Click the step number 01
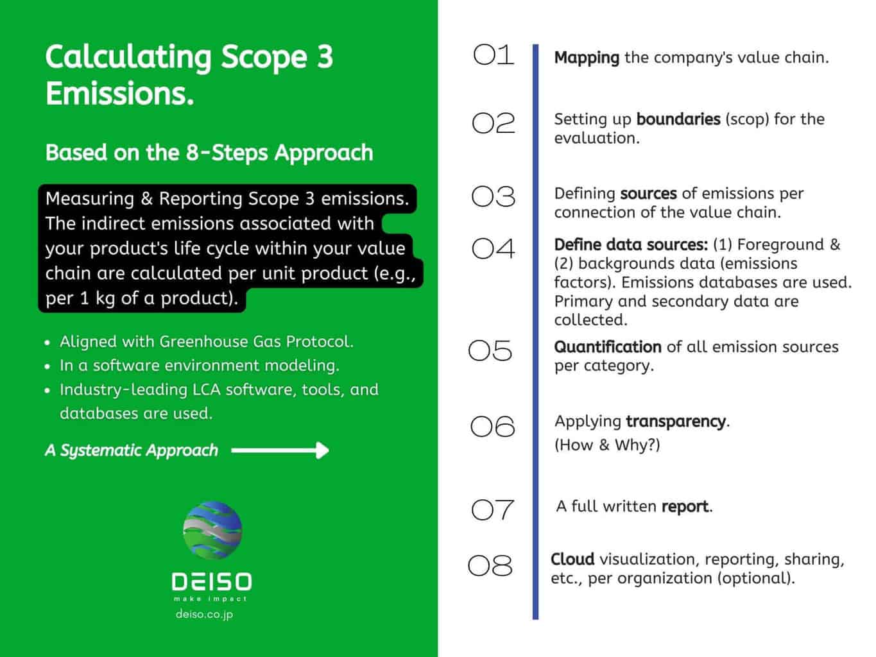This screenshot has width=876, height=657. point(494,55)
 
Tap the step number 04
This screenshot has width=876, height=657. point(494,248)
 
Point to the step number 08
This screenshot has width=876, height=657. point(490,566)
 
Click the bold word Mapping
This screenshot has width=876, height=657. point(587,58)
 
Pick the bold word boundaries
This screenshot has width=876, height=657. point(678,119)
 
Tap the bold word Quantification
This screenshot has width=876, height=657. point(608,347)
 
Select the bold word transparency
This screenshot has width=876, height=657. point(676,422)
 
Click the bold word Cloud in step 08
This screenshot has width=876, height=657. point(572,559)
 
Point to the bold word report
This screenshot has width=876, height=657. point(685,507)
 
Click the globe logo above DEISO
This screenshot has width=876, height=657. point(212,530)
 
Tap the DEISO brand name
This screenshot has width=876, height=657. point(212,581)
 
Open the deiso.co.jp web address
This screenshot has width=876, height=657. point(204,614)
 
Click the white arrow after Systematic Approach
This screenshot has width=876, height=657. point(280,450)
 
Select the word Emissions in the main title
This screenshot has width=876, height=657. point(120,93)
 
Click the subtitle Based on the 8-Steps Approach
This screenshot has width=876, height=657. point(209,153)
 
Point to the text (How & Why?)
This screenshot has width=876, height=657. point(607,445)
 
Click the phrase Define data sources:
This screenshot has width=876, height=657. point(631,245)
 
